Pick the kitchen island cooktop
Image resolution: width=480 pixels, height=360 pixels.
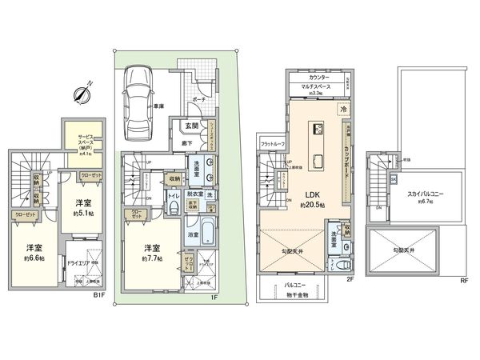pyautogui.click(x=317, y=129)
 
